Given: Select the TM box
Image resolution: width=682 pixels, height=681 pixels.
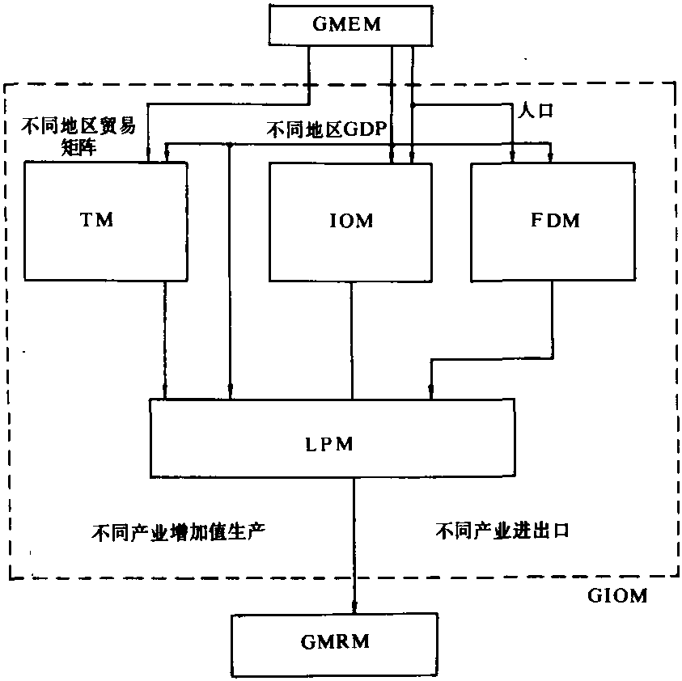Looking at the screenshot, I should pos(106,220).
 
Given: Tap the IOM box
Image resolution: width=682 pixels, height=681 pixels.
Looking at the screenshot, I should pos(352,220).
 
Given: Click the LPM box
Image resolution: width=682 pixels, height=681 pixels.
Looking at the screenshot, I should pos(332,437).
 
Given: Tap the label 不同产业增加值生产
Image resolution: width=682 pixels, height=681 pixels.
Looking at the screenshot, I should pos(178,531).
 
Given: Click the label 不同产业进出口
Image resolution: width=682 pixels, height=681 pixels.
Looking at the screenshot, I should pos(503,531).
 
